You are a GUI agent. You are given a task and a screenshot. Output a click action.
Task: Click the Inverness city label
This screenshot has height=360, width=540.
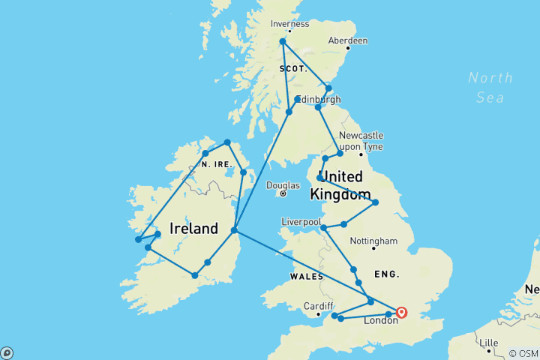click(x=289, y=24)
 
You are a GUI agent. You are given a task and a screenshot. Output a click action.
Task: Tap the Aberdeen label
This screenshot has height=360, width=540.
click(x=347, y=40)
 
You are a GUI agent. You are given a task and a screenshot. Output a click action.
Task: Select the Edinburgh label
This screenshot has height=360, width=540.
click(x=321, y=99)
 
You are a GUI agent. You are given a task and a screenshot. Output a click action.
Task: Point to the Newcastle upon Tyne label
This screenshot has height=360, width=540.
click(x=361, y=140)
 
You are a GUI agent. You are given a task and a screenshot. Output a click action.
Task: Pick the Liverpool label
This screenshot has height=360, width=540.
click(x=301, y=222)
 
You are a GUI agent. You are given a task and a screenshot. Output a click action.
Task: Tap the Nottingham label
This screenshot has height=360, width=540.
click(x=373, y=241)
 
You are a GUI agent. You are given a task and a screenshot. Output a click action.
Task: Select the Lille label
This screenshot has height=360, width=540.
click(x=488, y=343)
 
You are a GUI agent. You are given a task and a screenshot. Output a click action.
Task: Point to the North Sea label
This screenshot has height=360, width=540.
click(x=490, y=87)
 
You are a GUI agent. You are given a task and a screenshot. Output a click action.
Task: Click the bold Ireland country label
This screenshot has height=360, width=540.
click(x=194, y=229)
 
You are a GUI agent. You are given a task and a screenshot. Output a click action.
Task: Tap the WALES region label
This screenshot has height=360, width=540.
click(x=303, y=276)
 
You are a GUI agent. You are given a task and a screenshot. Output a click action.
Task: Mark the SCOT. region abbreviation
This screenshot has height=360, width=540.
click(x=293, y=68)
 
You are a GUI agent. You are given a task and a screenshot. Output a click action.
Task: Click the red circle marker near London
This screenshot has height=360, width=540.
click(x=401, y=313)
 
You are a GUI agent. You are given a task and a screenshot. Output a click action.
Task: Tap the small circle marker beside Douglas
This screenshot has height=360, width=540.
click(x=283, y=193)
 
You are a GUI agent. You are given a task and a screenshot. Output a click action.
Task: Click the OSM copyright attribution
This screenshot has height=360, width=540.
click(x=523, y=353)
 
